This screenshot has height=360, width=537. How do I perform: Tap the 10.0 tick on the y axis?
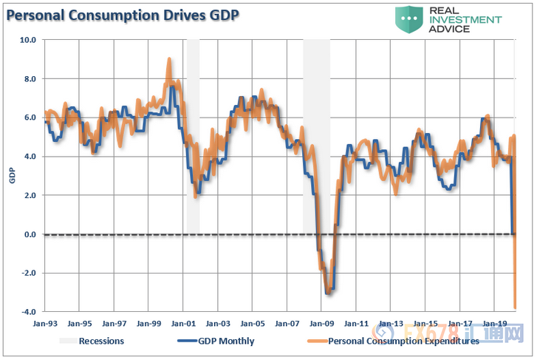[28, 40]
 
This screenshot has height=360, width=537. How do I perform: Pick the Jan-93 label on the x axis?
[46, 323]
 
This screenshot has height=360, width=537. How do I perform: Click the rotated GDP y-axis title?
[12, 176]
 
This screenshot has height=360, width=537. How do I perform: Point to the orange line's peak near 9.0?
[169, 61]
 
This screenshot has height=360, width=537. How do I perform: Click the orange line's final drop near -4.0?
[515, 305]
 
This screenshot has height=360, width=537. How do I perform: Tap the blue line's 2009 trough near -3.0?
[328, 292]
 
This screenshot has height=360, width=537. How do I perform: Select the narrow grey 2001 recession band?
[193, 137]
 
